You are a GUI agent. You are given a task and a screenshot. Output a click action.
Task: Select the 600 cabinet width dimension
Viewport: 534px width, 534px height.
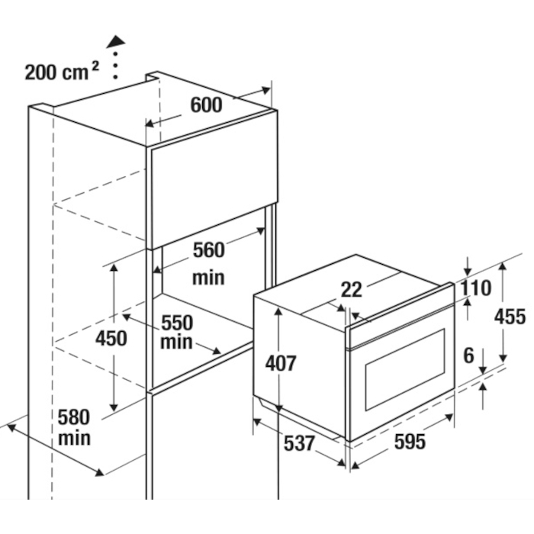206,105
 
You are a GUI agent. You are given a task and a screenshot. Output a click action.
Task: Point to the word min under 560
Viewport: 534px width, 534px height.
208,277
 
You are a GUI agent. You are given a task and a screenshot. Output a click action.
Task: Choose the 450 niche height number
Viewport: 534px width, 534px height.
111,337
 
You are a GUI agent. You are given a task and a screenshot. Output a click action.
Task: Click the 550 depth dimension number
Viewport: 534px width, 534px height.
177,323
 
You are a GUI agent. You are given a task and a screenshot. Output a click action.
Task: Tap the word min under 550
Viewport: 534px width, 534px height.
177,343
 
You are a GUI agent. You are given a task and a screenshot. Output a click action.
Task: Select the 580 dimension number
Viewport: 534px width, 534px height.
74,417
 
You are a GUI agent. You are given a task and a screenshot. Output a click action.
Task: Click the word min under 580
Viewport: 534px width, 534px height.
74,439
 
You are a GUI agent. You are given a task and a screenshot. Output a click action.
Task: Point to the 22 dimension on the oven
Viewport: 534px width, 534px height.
352,290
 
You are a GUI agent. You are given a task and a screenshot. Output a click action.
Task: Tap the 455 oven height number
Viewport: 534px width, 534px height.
510,315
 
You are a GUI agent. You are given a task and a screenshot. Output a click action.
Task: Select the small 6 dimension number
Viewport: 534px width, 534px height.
468,355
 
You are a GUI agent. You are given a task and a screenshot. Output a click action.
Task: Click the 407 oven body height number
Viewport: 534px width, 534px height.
281,363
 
